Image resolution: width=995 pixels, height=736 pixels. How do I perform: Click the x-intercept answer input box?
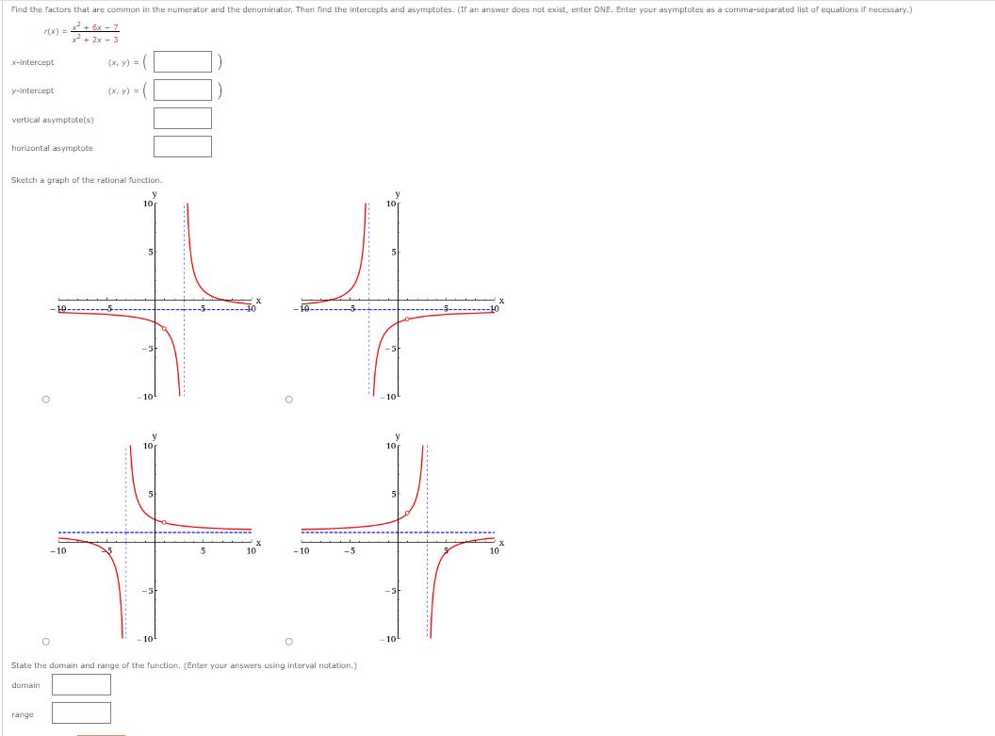click(x=183, y=61)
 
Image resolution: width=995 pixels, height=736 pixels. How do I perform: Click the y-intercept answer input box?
click(x=183, y=90)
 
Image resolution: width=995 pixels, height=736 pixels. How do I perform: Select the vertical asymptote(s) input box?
click(x=183, y=118)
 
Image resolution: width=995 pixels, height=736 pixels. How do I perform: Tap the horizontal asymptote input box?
click(x=183, y=147)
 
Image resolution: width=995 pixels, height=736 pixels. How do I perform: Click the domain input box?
click(x=81, y=684)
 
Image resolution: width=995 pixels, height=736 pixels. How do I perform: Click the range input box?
click(x=81, y=712)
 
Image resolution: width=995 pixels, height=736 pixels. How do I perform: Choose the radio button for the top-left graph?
click(x=45, y=399)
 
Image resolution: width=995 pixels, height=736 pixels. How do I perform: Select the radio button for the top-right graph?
click(x=288, y=399)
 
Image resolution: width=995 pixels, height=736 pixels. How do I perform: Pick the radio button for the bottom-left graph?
click(x=45, y=642)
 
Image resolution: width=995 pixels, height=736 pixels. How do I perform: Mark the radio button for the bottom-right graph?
click(x=288, y=642)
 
